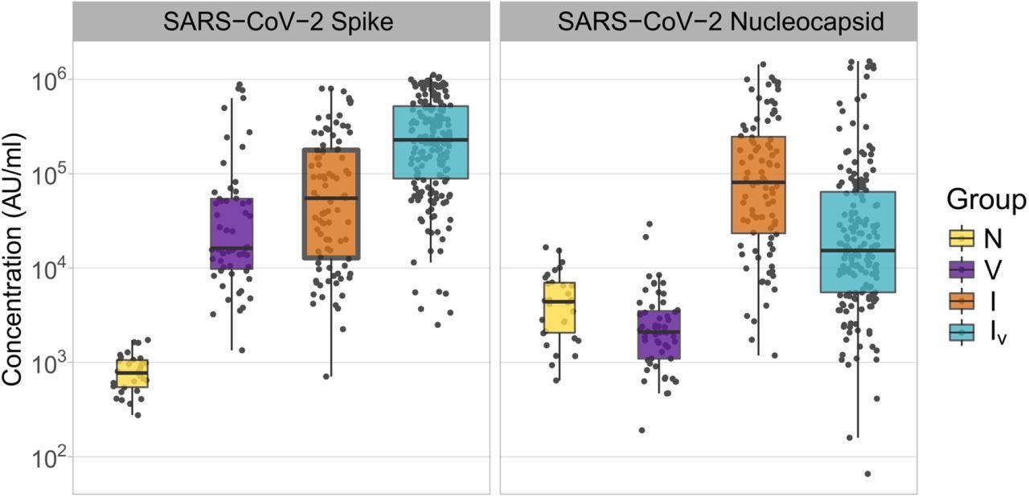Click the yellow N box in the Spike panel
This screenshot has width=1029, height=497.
[132, 373]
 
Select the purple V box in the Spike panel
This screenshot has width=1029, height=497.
[232, 233]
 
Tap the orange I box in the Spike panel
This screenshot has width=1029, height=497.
[330, 203]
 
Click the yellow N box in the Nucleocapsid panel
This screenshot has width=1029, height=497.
[559, 307]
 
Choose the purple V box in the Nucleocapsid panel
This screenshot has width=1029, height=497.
[659, 334]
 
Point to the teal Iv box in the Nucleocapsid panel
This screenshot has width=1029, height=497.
[858, 241]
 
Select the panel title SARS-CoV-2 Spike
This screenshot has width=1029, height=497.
[281, 22]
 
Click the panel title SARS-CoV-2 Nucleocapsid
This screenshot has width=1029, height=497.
[707, 22]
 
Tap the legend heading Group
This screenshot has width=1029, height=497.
[986, 199]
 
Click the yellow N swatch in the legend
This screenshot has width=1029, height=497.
[961, 237]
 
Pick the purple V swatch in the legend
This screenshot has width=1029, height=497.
[961, 269]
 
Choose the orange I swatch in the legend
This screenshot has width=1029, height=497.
[961, 300]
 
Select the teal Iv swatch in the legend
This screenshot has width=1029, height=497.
[961, 331]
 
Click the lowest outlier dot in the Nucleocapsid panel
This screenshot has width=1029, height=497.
[867, 474]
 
